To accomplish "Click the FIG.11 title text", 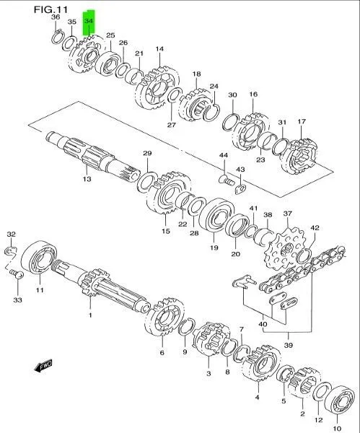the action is [51, 9].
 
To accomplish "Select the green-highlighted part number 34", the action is [89, 21].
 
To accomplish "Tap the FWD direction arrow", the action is [43, 366].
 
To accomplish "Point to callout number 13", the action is [87, 179].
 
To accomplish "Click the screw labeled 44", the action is [227, 180].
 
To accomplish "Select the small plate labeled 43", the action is [240, 189].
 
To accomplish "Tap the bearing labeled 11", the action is [39, 258].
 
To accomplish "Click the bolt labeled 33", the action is [17, 274].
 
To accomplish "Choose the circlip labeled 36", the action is [58, 38].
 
